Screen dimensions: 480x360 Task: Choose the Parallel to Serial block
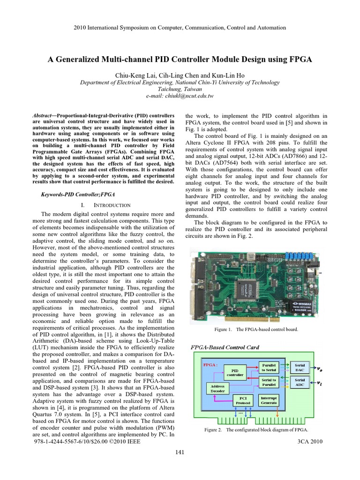tap(269, 367)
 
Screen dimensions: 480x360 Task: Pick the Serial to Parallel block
tap(269, 382)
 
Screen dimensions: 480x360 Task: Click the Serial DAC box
tap(300, 367)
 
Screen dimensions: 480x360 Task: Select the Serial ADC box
tap(300, 382)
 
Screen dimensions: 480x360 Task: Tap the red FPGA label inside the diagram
tap(209, 364)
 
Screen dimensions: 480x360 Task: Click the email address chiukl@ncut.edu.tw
tap(180, 96)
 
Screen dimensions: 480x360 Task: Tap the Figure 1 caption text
tap(256, 329)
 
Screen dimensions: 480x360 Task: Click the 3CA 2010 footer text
tap(310, 441)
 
